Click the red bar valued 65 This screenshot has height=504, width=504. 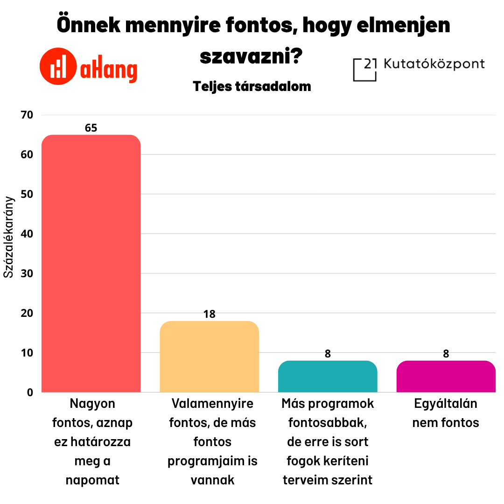click(91, 264)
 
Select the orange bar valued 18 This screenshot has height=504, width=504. click(209, 357)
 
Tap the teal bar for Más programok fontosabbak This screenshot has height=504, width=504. click(328, 377)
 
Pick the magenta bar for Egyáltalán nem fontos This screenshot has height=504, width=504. click(446, 377)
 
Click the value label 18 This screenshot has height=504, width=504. click(209, 315)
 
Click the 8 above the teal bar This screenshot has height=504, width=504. click(328, 354)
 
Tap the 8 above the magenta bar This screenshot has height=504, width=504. click(446, 354)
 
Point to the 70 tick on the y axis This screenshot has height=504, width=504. click(27, 115)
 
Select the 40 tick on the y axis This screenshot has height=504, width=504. click(27, 234)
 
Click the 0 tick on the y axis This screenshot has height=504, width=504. click(30, 392)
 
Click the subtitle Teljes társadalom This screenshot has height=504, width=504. click(252, 87)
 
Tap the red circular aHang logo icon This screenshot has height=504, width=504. click(58, 66)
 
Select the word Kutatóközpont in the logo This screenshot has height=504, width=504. click(434, 64)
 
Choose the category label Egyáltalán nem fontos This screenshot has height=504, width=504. click(446, 413)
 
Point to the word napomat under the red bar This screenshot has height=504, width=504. click(92, 480)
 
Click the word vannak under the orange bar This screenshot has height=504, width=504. click(212, 480)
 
